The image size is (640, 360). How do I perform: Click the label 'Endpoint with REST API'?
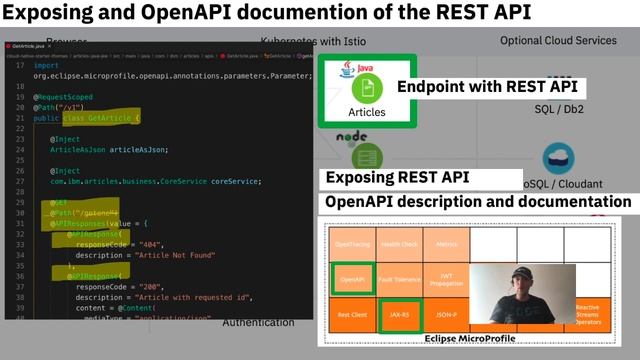click(487, 87)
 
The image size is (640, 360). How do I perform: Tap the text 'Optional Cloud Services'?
click(558, 41)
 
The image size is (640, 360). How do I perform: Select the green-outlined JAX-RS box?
click(399, 314)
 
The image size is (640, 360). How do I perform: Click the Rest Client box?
click(352, 314)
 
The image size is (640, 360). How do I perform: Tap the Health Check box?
click(399, 244)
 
